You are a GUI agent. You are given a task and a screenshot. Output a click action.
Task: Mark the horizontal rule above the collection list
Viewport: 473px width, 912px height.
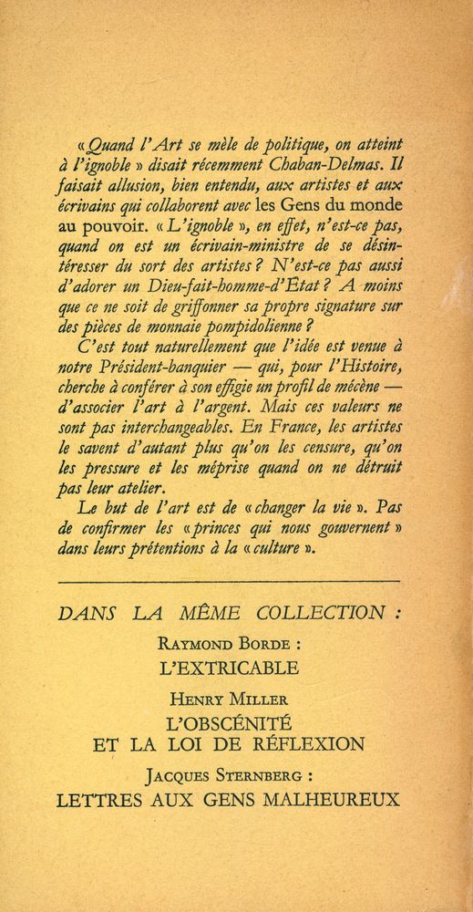[228, 579]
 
